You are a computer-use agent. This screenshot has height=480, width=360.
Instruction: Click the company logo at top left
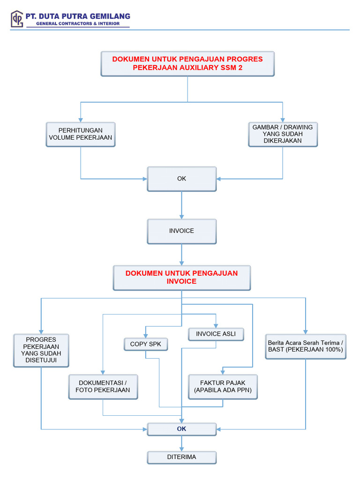tap(17, 19)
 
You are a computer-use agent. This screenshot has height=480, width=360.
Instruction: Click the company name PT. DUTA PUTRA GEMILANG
tap(78, 16)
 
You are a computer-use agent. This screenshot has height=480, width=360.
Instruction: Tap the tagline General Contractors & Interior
tap(78, 23)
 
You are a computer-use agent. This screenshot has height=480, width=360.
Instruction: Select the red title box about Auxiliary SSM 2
tap(187, 64)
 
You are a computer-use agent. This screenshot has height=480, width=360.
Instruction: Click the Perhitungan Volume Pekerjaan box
tap(81, 134)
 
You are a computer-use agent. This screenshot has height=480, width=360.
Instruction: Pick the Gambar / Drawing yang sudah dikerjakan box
tap(283, 134)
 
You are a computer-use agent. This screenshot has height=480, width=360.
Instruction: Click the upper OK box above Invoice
tap(182, 179)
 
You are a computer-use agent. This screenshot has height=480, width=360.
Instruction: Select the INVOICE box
tap(182, 231)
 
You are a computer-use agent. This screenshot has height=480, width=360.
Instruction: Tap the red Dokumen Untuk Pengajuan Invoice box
tap(182, 277)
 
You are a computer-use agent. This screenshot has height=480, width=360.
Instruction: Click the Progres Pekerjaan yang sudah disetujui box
tap(41, 350)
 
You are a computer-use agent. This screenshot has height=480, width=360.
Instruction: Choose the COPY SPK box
tap(145, 344)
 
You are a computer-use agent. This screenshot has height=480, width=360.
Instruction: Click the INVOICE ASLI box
tap(216, 334)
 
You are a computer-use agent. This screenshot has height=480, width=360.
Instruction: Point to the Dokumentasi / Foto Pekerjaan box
tap(103, 387)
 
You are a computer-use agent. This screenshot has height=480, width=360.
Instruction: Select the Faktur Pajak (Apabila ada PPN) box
tap(223, 387)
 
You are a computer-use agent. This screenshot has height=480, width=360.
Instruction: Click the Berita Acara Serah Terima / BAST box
tap(306, 346)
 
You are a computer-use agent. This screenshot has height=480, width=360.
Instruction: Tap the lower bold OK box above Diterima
tap(182, 429)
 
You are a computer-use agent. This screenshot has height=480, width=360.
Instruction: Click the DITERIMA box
tap(182, 457)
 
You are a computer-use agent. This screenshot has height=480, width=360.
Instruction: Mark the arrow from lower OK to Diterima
tap(182, 443)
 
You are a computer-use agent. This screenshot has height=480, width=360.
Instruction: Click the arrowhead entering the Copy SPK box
tap(145, 335)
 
